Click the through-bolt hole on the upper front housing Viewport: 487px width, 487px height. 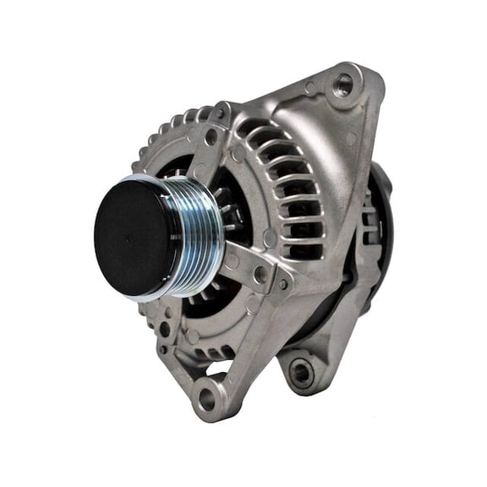point(211,135)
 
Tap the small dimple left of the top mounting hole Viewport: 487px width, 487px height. point(311,88)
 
